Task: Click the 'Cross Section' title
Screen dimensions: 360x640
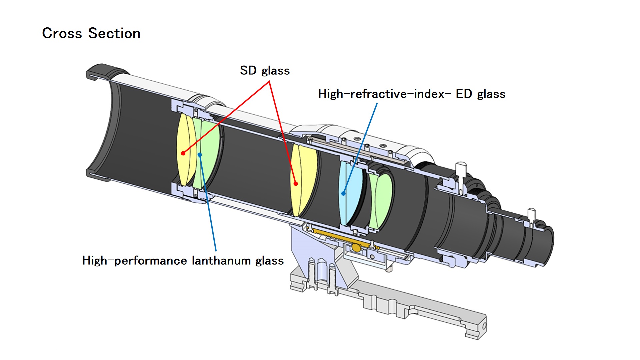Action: [x=91, y=33]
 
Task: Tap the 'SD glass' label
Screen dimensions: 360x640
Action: [x=265, y=71]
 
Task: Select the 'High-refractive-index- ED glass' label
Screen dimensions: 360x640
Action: [x=412, y=94]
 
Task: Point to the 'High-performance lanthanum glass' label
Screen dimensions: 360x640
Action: [x=183, y=260]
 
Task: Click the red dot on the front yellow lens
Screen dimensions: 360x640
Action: [x=183, y=153]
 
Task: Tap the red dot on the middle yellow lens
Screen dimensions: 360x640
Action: [x=296, y=184]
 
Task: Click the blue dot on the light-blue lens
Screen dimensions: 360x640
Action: [x=343, y=193]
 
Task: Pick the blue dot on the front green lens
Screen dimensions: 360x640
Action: [x=200, y=155]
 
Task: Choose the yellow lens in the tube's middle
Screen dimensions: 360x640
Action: [x=305, y=180]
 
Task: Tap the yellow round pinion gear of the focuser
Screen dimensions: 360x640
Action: [x=356, y=247]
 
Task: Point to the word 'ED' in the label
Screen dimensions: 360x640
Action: [x=464, y=94]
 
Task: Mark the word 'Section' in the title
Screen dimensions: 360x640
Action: [x=114, y=33]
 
